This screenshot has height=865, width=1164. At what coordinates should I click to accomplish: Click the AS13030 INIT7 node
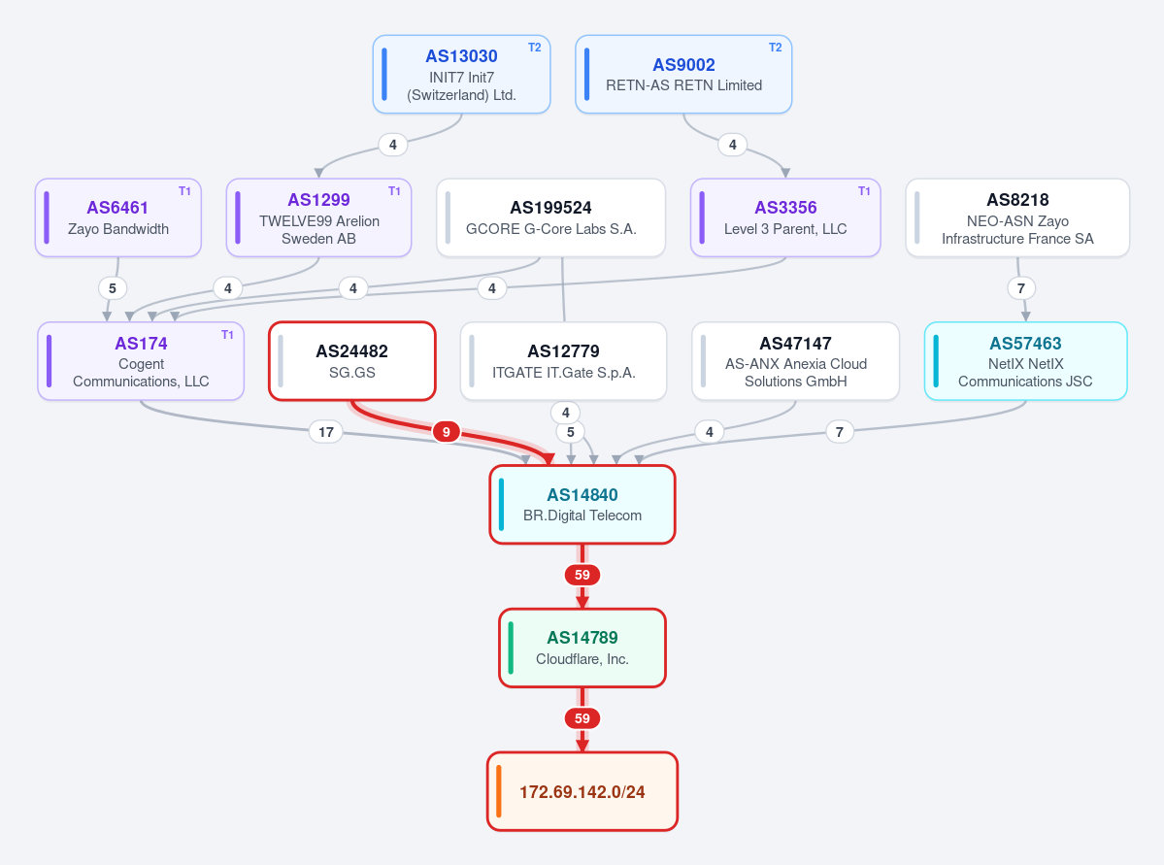(x=461, y=74)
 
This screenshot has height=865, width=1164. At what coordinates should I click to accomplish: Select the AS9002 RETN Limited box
(x=683, y=74)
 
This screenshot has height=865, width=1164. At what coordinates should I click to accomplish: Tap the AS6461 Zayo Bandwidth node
(x=118, y=217)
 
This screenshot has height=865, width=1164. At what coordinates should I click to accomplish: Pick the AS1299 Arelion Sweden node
(x=318, y=217)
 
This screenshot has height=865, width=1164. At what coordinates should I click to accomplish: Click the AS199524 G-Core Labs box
(x=550, y=217)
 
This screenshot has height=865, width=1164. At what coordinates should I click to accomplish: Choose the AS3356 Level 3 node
(x=785, y=217)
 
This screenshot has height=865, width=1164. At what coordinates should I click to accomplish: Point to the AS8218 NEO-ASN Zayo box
(x=1017, y=217)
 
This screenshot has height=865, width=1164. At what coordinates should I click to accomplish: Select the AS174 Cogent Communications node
(x=141, y=361)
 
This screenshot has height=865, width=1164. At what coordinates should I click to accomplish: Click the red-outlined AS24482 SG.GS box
(x=351, y=361)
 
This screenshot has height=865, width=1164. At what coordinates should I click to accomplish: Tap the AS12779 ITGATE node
(x=563, y=361)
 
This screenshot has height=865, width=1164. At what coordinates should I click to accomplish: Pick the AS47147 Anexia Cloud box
(x=796, y=361)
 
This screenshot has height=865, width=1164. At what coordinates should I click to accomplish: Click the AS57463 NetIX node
(x=1026, y=361)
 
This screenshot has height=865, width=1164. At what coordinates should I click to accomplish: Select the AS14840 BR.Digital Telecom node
(x=582, y=505)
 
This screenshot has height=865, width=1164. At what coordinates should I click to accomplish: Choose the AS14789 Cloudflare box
(x=582, y=649)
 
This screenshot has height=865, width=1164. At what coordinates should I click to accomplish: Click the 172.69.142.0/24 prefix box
(x=582, y=791)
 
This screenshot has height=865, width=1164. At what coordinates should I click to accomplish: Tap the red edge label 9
(x=447, y=432)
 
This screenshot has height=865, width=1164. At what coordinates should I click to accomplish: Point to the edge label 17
(x=326, y=432)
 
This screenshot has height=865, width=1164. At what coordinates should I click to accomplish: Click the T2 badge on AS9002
(x=775, y=48)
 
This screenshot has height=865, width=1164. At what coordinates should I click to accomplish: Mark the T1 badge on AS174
(x=227, y=335)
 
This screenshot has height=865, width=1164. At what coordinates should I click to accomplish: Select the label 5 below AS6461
(x=113, y=288)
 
